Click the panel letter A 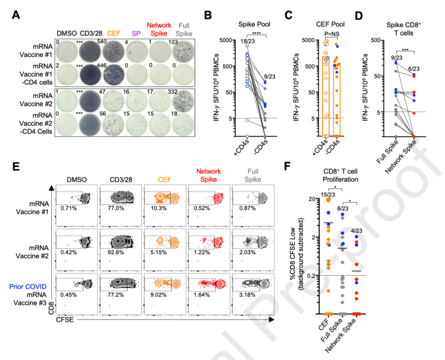pos(16,15)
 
